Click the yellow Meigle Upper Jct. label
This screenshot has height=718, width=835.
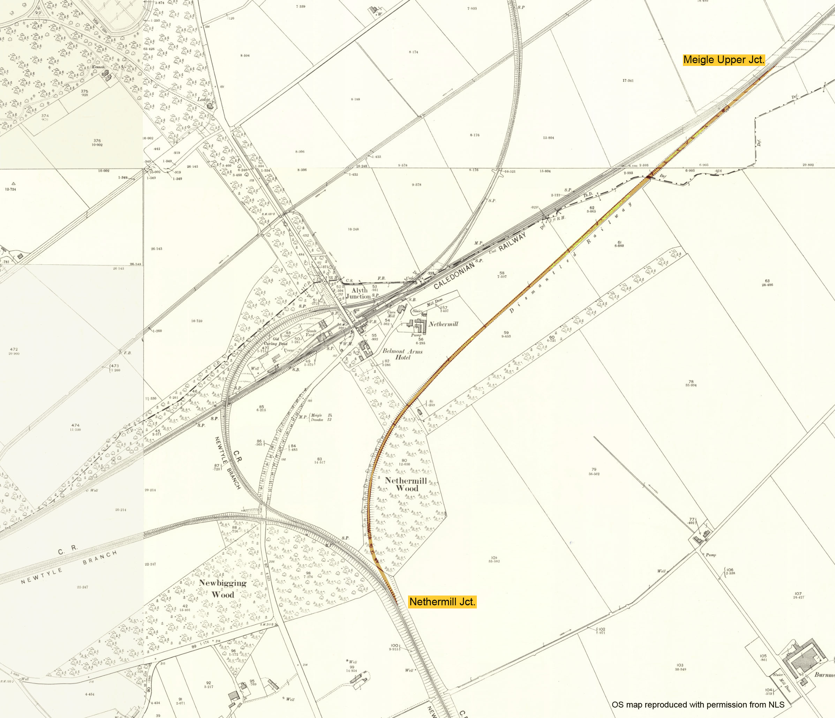click(x=724, y=60)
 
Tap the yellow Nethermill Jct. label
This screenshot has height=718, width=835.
click(x=442, y=602)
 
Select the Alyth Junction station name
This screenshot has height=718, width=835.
click(x=359, y=293)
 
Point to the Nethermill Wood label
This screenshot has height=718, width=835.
click(x=406, y=484)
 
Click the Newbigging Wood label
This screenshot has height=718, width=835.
click(x=223, y=589)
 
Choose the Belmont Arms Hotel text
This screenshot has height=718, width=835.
click(x=403, y=354)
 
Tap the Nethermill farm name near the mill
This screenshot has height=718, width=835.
click(x=443, y=324)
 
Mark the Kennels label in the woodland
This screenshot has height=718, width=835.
click(x=98, y=67)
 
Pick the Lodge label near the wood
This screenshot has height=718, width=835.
click(x=203, y=99)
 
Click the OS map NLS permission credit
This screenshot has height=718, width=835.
click(x=698, y=705)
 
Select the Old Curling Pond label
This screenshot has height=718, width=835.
click(x=276, y=342)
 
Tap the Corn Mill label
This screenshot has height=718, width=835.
click(x=391, y=314)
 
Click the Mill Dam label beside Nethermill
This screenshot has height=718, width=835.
click(x=435, y=302)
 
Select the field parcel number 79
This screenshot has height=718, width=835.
click(x=594, y=470)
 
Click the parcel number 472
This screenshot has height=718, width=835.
click(x=14, y=350)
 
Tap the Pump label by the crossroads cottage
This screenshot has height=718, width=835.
click(x=710, y=555)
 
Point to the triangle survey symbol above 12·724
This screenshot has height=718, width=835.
click(x=13, y=184)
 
